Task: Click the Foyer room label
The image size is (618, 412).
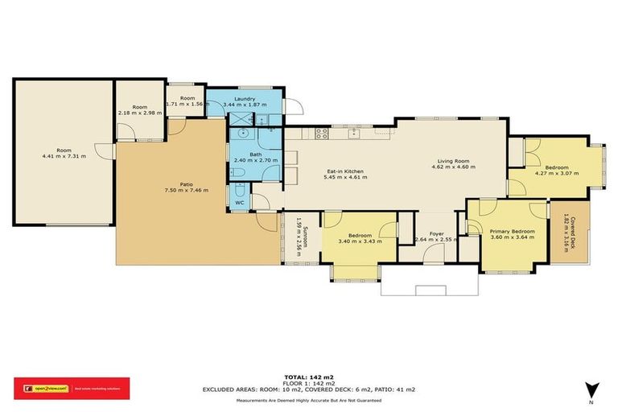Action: click(436, 233)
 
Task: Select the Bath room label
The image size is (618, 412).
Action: click(255, 154)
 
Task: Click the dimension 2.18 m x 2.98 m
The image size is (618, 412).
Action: click(140, 113)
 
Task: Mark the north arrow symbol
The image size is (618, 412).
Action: click(593, 389)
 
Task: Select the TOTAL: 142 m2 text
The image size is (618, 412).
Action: click(308, 376)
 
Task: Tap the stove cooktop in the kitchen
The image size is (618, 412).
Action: click(321, 135)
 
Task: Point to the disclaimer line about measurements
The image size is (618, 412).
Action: click(308, 400)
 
